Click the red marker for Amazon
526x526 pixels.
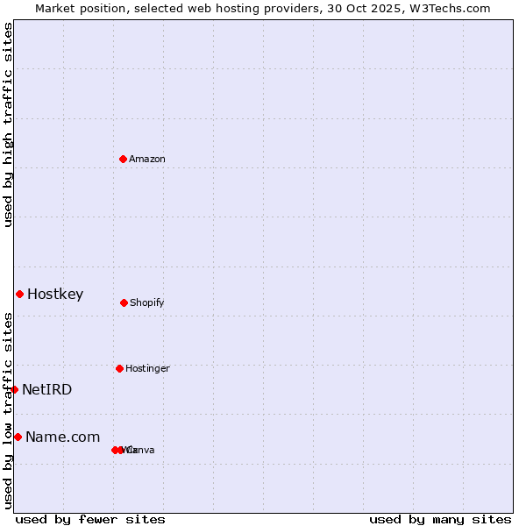click(x=123, y=159)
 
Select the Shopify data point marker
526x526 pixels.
click(x=124, y=302)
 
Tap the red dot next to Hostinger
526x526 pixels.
click(x=119, y=368)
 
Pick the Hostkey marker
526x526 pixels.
click(x=19, y=294)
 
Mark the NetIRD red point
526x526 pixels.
click(x=14, y=389)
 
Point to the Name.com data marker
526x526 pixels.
click(x=18, y=437)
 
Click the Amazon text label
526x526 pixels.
click(x=147, y=159)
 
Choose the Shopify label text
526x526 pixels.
click(x=147, y=302)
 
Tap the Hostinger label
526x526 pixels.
click(x=147, y=368)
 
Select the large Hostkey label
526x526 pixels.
click(x=55, y=295)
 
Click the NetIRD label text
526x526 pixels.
click(x=47, y=390)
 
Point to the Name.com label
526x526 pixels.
click(x=63, y=437)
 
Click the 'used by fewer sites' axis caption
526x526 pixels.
click(x=90, y=519)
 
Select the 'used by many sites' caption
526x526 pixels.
click(x=440, y=519)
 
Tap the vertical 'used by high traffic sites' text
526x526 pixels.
click(x=8, y=124)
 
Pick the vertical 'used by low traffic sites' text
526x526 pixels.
click(x=8, y=410)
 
